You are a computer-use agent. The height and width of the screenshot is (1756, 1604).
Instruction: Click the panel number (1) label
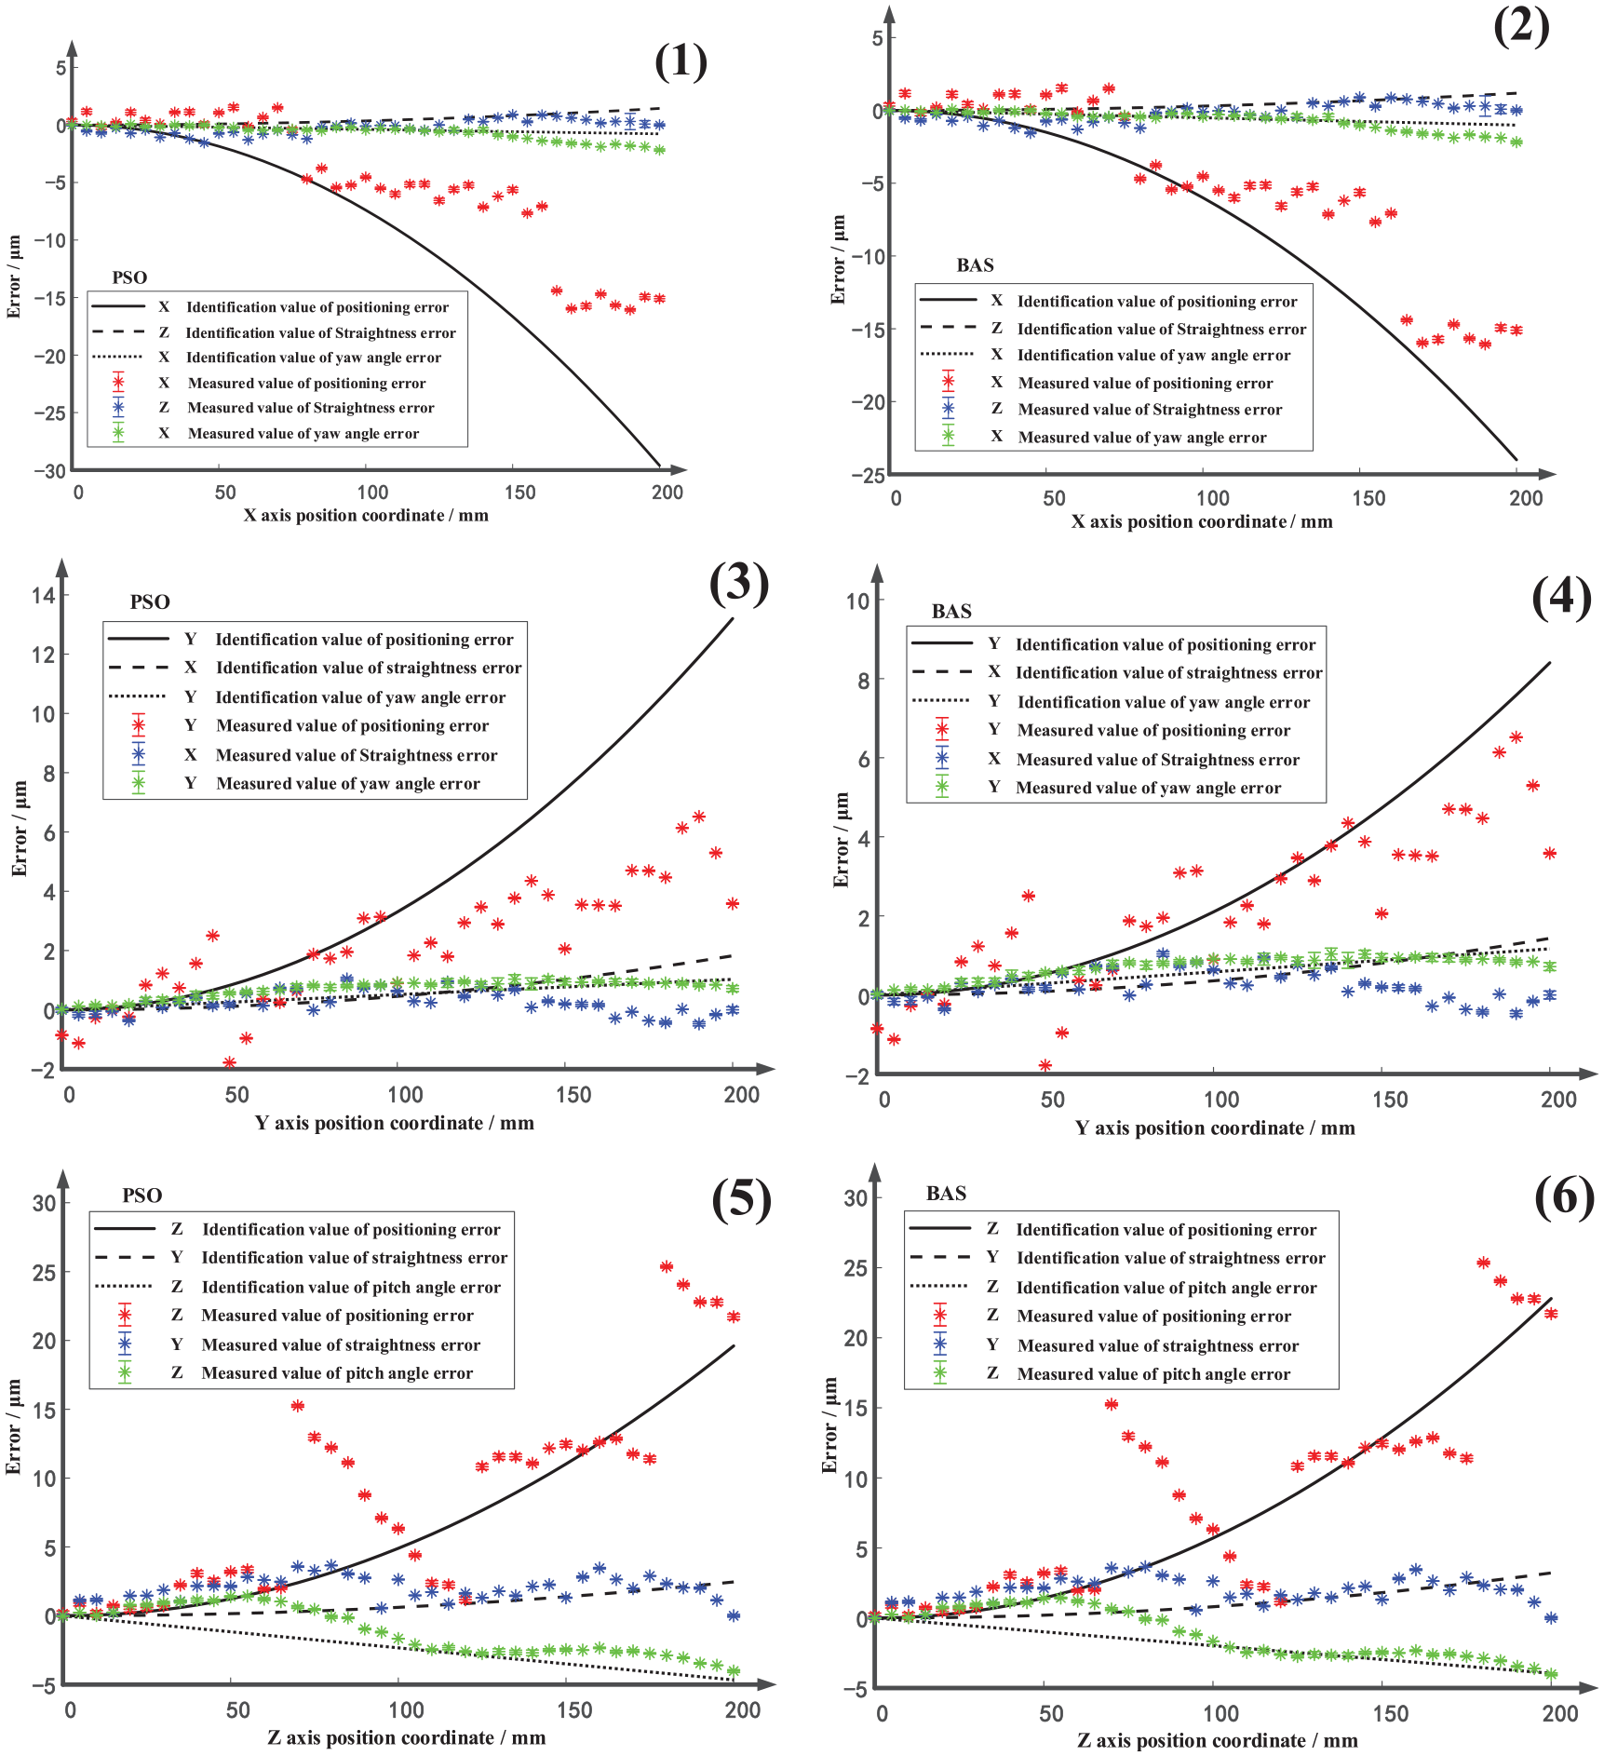[x=681, y=62]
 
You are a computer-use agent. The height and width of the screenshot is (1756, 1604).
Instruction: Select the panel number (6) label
[x=1564, y=1196]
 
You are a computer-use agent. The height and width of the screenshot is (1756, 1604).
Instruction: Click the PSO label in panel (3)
[x=150, y=602]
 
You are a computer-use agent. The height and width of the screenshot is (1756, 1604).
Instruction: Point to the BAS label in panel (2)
[x=975, y=265]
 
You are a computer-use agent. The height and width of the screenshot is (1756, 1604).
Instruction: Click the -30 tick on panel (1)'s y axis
[x=50, y=471]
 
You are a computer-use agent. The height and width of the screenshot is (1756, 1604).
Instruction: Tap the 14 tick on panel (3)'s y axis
[x=44, y=595]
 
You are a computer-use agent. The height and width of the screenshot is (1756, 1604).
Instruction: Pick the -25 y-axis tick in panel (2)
[x=868, y=476]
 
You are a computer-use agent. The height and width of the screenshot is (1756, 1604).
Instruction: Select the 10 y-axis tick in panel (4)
[x=857, y=601]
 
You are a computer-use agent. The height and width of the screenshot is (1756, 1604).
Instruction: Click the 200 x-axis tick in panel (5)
[x=743, y=1710]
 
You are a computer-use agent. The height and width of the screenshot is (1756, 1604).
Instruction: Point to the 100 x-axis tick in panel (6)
[x=1220, y=1713]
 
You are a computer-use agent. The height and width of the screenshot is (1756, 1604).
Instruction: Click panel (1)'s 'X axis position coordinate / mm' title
[x=366, y=515]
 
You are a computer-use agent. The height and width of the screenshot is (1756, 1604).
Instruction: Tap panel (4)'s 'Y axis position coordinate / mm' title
[x=1215, y=1128]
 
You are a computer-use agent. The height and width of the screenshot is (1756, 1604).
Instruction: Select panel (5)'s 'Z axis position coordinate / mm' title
[x=407, y=1737]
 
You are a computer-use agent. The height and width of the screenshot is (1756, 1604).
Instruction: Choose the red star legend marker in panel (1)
[x=118, y=383]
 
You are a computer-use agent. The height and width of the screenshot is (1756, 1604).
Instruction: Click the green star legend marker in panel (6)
[x=940, y=1373]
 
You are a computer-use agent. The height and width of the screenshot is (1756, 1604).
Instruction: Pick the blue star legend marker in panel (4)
[x=942, y=759]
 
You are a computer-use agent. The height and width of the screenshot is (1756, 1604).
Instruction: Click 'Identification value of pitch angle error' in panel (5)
[x=352, y=1287]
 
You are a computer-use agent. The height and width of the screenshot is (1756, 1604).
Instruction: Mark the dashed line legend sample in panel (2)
[x=948, y=328]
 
